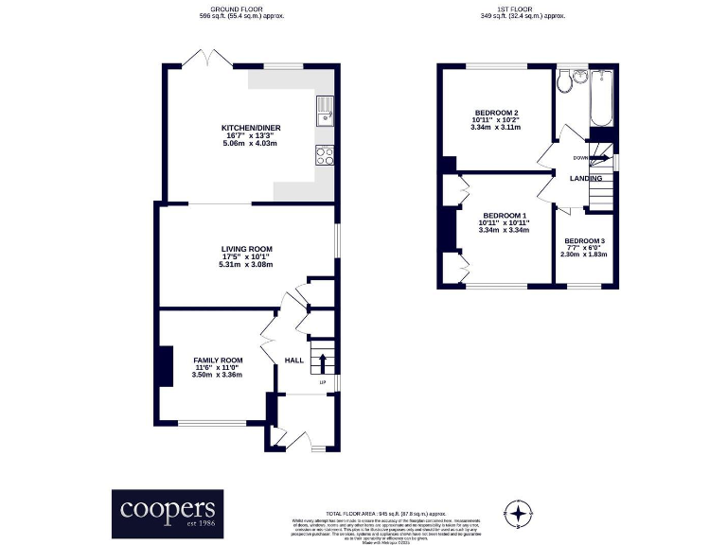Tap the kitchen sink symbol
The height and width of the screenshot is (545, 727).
click(x=325, y=111)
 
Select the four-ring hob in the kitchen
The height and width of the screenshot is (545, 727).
click(x=325, y=156)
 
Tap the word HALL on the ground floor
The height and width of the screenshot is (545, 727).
click(x=293, y=360)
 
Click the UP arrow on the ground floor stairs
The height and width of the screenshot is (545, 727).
click(x=324, y=362)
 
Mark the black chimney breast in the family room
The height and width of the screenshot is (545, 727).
click(x=165, y=366)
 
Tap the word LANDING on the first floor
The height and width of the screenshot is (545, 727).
click(x=586, y=178)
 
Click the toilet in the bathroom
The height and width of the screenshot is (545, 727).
click(x=564, y=81)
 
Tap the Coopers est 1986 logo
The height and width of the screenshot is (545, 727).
click(x=168, y=511)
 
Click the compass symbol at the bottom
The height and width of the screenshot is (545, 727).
click(x=518, y=513)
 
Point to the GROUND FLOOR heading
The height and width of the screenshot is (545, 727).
click(x=241, y=9)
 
